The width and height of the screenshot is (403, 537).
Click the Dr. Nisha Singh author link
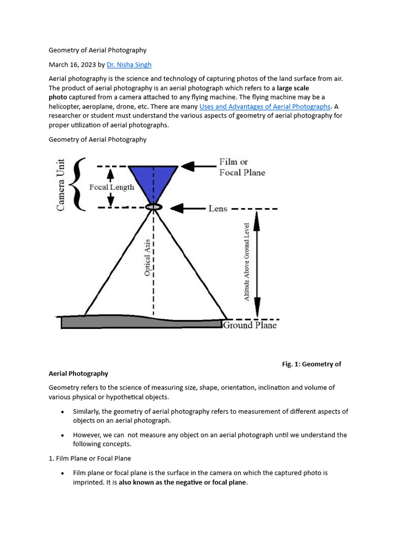[129, 65]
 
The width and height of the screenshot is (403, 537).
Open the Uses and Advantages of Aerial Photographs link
[265, 106]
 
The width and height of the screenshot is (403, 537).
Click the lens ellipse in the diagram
[154, 208]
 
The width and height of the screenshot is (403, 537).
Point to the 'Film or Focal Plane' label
[242, 167]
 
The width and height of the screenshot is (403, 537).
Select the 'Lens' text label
[218, 208]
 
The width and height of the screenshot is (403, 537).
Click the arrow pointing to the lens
[187, 208]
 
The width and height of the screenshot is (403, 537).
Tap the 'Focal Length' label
[111, 187]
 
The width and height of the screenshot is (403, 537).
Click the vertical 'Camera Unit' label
[61, 185]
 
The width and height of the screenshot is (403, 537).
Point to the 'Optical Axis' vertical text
[147, 257]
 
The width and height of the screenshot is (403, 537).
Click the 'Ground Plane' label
[250, 325]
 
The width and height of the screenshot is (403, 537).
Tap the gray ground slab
[141, 321]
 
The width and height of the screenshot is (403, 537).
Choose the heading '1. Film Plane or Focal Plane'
[90, 458]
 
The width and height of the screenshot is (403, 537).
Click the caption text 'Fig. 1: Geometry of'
[312, 364]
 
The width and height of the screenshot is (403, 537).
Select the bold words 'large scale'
[293, 88]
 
